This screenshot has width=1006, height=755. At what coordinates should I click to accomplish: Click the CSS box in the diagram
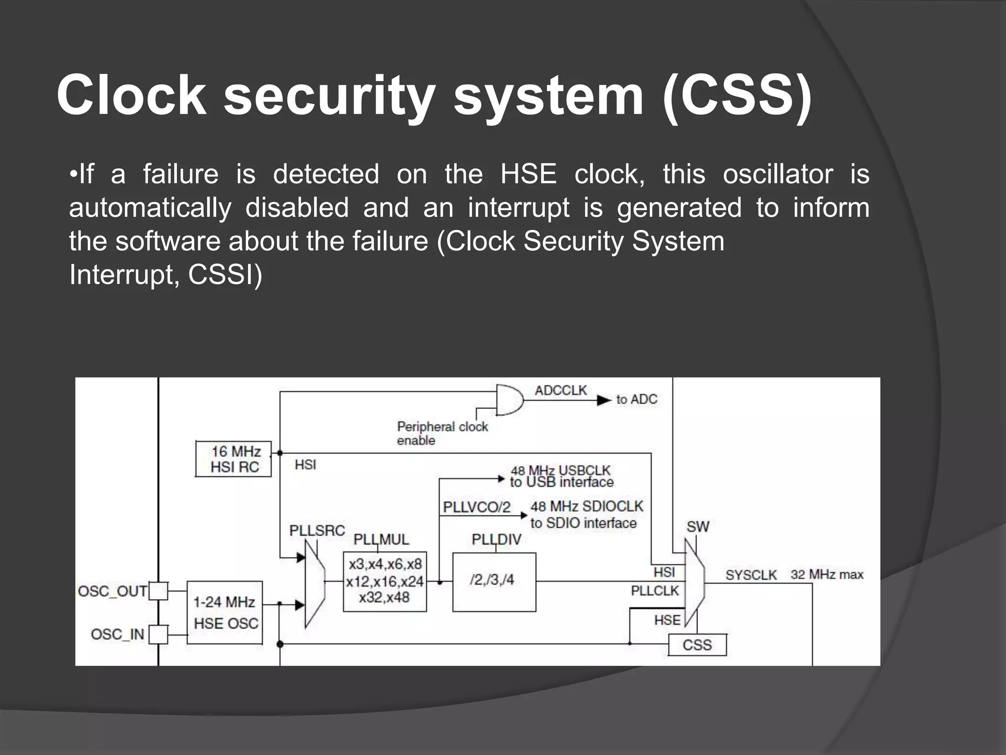click(x=697, y=645)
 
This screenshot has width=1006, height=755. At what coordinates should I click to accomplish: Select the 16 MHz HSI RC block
click(x=234, y=459)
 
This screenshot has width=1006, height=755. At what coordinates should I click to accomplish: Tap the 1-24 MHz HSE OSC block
click(x=225, y=613)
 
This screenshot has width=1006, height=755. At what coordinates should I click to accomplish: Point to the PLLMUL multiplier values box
click(x=385, y=581)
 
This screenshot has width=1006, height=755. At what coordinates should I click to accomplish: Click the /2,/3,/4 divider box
click(x=494, y=582)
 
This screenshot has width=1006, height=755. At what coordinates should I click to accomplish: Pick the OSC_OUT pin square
click(x=158, y=591)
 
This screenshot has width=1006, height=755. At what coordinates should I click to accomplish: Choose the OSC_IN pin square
click(x=158, y=634)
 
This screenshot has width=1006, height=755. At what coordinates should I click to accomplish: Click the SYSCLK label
click(x=751, y=575)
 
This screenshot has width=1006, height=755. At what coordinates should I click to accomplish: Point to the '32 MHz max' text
click(x=827, y=575)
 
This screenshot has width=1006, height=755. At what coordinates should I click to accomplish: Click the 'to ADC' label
click(x=637, y=400)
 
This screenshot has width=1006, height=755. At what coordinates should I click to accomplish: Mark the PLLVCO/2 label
click(x=476, y=507)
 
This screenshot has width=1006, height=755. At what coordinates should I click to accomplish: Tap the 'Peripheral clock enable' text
click(x=442, y=433)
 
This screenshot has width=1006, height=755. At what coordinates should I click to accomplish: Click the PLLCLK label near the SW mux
click(x=655, y=591)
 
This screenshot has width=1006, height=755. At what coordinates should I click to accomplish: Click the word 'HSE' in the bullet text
click(x=529, y=174)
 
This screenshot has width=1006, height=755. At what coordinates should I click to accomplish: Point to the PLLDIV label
click(x=496, y=540)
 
